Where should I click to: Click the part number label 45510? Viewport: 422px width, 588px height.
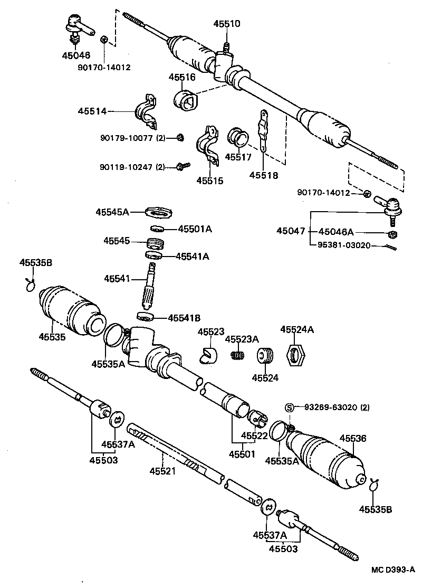point(226,24)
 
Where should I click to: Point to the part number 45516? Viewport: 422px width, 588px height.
point(182,77)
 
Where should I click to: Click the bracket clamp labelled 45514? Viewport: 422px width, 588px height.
point(146,111)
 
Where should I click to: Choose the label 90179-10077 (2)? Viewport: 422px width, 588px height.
point(132,138)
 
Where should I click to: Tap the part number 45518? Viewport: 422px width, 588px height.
point(264,175)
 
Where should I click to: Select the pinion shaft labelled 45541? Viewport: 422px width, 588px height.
point(149,288)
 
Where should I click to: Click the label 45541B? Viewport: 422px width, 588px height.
point(184,318)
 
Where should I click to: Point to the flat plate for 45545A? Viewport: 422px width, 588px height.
point(159,212)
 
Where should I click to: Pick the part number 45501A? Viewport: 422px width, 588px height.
point(195,229)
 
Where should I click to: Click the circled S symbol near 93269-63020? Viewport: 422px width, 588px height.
point(289,407)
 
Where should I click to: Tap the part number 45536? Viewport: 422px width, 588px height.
point(352,438)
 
